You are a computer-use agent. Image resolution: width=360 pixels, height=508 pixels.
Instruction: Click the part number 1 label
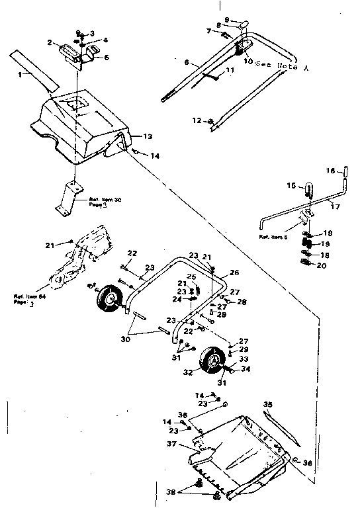(20, 75)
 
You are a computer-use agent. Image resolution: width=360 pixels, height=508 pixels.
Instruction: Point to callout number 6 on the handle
(187, 62)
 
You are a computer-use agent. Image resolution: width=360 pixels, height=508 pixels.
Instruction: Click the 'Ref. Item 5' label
(273, 236)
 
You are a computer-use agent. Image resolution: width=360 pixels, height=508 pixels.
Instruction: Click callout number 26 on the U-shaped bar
(234, 273)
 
